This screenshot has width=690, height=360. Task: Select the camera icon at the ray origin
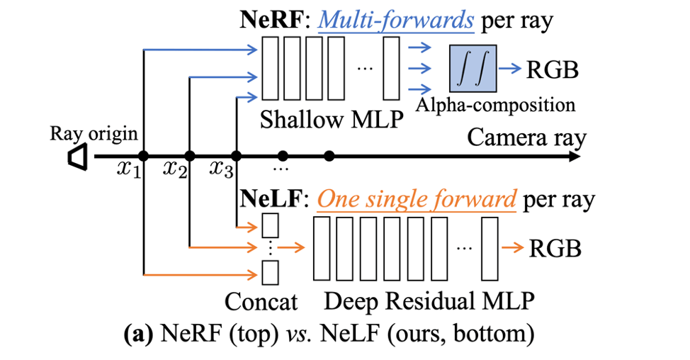(77, 157)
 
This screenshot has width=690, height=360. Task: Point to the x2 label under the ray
(174, 170)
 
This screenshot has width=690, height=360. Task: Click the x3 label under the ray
(221, 170)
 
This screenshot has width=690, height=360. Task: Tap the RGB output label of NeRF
(552, 70)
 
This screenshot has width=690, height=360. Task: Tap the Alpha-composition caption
(496, 105)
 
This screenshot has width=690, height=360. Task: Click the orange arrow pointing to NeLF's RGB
(513, 248)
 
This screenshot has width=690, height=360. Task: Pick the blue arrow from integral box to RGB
(508, 69)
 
